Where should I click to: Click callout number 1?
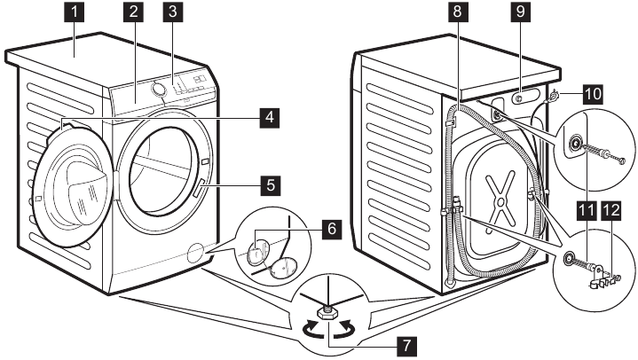79,13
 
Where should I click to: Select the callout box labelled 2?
134,13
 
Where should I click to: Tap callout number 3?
173,13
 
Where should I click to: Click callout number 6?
330,228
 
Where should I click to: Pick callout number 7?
406,342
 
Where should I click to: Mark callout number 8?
458,13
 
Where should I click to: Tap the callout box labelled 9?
519,13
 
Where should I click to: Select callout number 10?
591,91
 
